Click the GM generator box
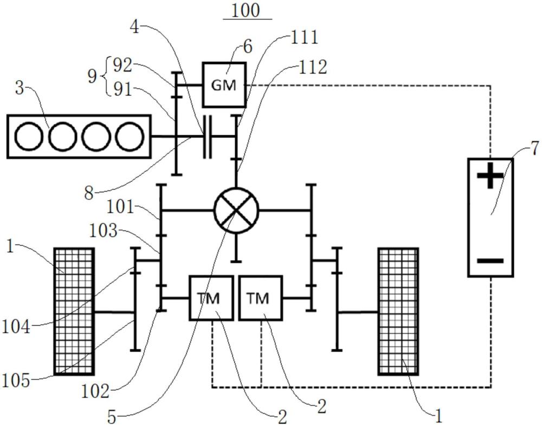(x=224, y=84)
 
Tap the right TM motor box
(x=260, y=298)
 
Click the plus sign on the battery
(x=490, y=178)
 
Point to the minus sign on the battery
(x=490, y=261)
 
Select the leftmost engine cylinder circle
(x=29, y=136)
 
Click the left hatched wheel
(x=74, y=311)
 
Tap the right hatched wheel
(x=398, y=311)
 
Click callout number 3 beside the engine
(x=19, y=88)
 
